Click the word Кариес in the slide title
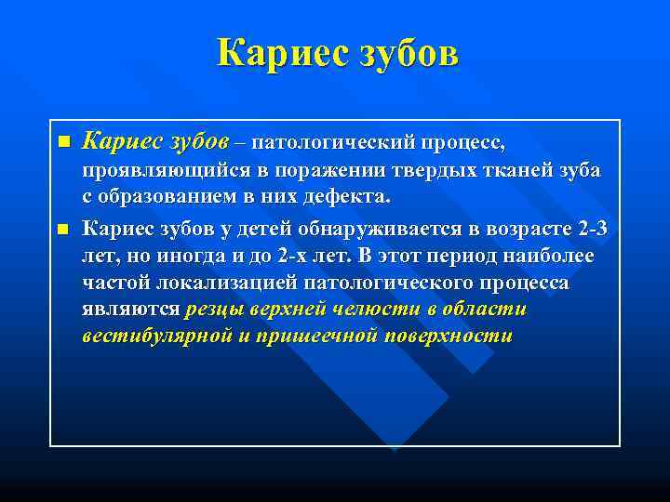tap(276, 53)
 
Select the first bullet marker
tap(63, 142)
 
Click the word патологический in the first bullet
tap(332, 142)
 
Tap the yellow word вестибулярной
tap(156, 337)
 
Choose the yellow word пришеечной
tap(315, 337)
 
